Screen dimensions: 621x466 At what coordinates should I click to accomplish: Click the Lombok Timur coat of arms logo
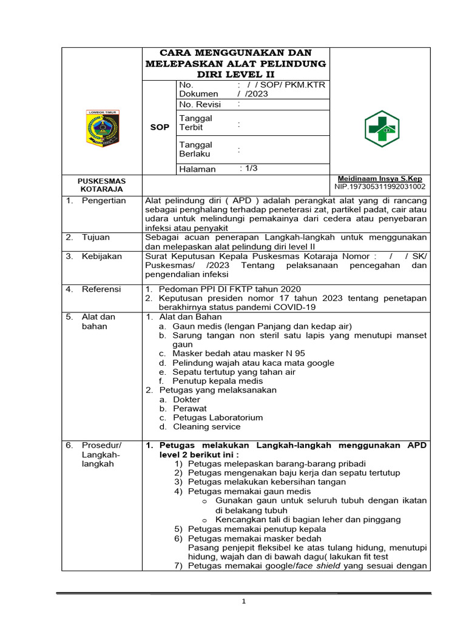click(x=102, y=128)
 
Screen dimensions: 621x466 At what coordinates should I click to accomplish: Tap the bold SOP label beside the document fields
click(x=160, y=127)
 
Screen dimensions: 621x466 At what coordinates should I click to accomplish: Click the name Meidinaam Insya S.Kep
click(x=380, y=180)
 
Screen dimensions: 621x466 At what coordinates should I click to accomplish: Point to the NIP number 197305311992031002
click(x=380, y=187)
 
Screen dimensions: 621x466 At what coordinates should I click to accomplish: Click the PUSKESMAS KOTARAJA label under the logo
click(x=101, y=185)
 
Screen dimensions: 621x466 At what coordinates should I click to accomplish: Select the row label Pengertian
click(x=104, y=201)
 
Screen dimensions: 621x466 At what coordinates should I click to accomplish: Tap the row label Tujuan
click(x=95, y=237)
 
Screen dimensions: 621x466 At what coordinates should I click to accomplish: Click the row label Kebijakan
click(x=102, y=257)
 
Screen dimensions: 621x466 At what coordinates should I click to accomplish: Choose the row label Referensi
click(x=102, y=289)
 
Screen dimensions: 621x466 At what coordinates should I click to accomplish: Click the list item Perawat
click(x=189, y=409)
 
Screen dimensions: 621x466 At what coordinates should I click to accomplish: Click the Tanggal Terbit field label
click(x=195, y=123)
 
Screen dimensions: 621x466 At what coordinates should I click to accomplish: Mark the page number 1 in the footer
click(x=243, y=602)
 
